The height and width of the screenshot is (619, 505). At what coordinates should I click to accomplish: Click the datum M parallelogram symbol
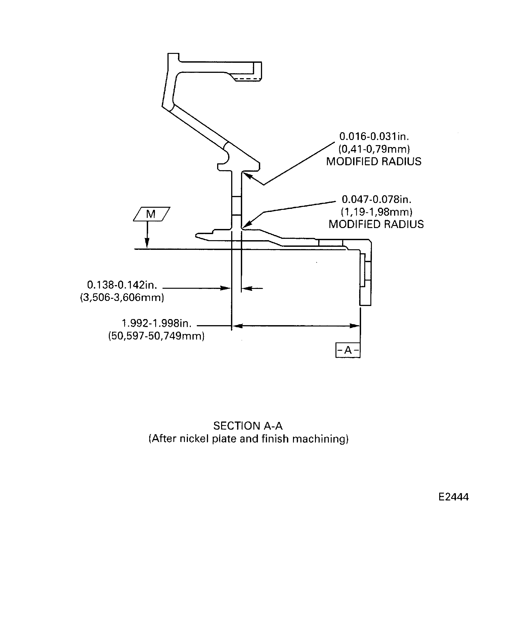tap(151, 214)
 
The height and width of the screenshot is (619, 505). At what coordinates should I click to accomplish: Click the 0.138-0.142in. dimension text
tap(122, 285)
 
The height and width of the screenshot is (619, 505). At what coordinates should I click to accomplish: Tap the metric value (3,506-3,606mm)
tap(122, 298)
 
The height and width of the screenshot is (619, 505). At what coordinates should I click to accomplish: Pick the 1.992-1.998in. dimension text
tap(156, 323)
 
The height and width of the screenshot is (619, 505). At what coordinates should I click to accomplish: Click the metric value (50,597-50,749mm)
tap(156, 336)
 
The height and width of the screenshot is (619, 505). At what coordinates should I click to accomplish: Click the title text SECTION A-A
tap(248, 426)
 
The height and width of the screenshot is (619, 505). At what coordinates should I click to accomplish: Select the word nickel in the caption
tap(194, 439)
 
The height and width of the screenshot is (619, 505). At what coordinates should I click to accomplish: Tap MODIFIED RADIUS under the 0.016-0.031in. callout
tap(374, 161)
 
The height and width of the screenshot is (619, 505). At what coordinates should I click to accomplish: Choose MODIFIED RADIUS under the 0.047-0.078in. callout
tap(376, 224)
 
